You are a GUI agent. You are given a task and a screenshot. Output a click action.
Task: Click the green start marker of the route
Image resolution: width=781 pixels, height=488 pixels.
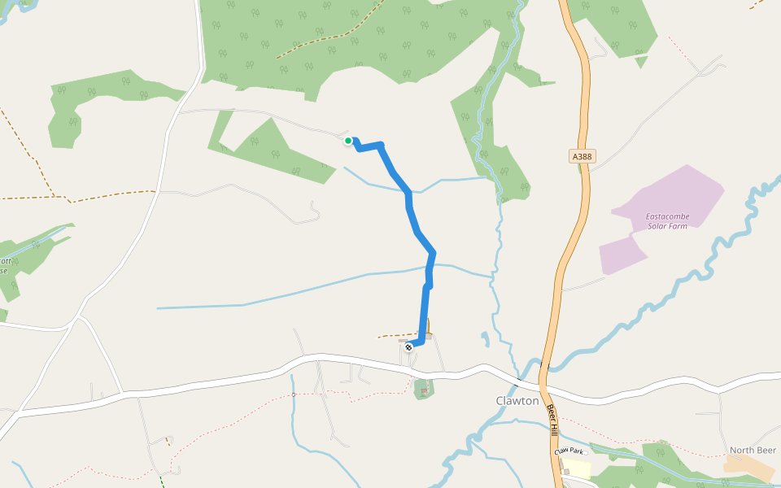(348, 141)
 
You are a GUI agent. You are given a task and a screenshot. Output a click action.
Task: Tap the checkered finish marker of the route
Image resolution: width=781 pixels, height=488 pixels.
(408, 346)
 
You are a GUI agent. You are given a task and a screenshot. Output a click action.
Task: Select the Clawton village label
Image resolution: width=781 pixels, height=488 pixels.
(517, 401)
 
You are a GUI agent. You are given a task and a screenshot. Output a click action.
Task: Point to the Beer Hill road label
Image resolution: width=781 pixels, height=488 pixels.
(552, 418)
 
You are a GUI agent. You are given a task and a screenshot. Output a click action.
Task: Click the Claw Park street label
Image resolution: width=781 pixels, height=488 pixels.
(569, 451)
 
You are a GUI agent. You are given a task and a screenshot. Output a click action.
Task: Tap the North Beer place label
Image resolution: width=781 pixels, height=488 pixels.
(753, 451)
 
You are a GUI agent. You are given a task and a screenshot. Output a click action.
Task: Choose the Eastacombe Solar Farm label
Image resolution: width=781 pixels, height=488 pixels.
(666, 220)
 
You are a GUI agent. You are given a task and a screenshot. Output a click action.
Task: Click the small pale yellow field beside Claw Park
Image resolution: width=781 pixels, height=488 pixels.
(577, 468)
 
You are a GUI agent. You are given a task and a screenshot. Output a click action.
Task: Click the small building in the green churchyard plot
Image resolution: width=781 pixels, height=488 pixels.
(424, 391)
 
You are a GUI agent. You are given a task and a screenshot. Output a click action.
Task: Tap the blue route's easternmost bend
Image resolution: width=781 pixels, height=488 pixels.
(433, 253)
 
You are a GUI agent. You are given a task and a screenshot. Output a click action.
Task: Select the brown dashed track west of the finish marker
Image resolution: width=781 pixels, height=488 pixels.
(397, 334)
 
